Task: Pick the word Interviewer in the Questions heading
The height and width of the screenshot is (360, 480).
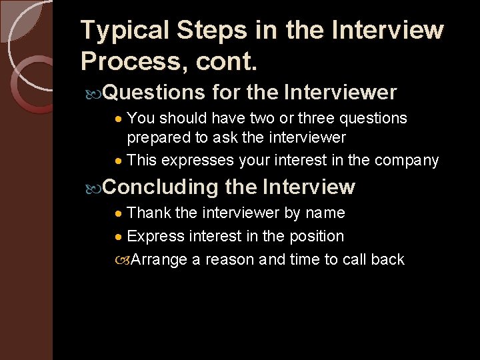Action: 340,92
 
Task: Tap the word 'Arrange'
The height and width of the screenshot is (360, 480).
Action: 159,260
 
